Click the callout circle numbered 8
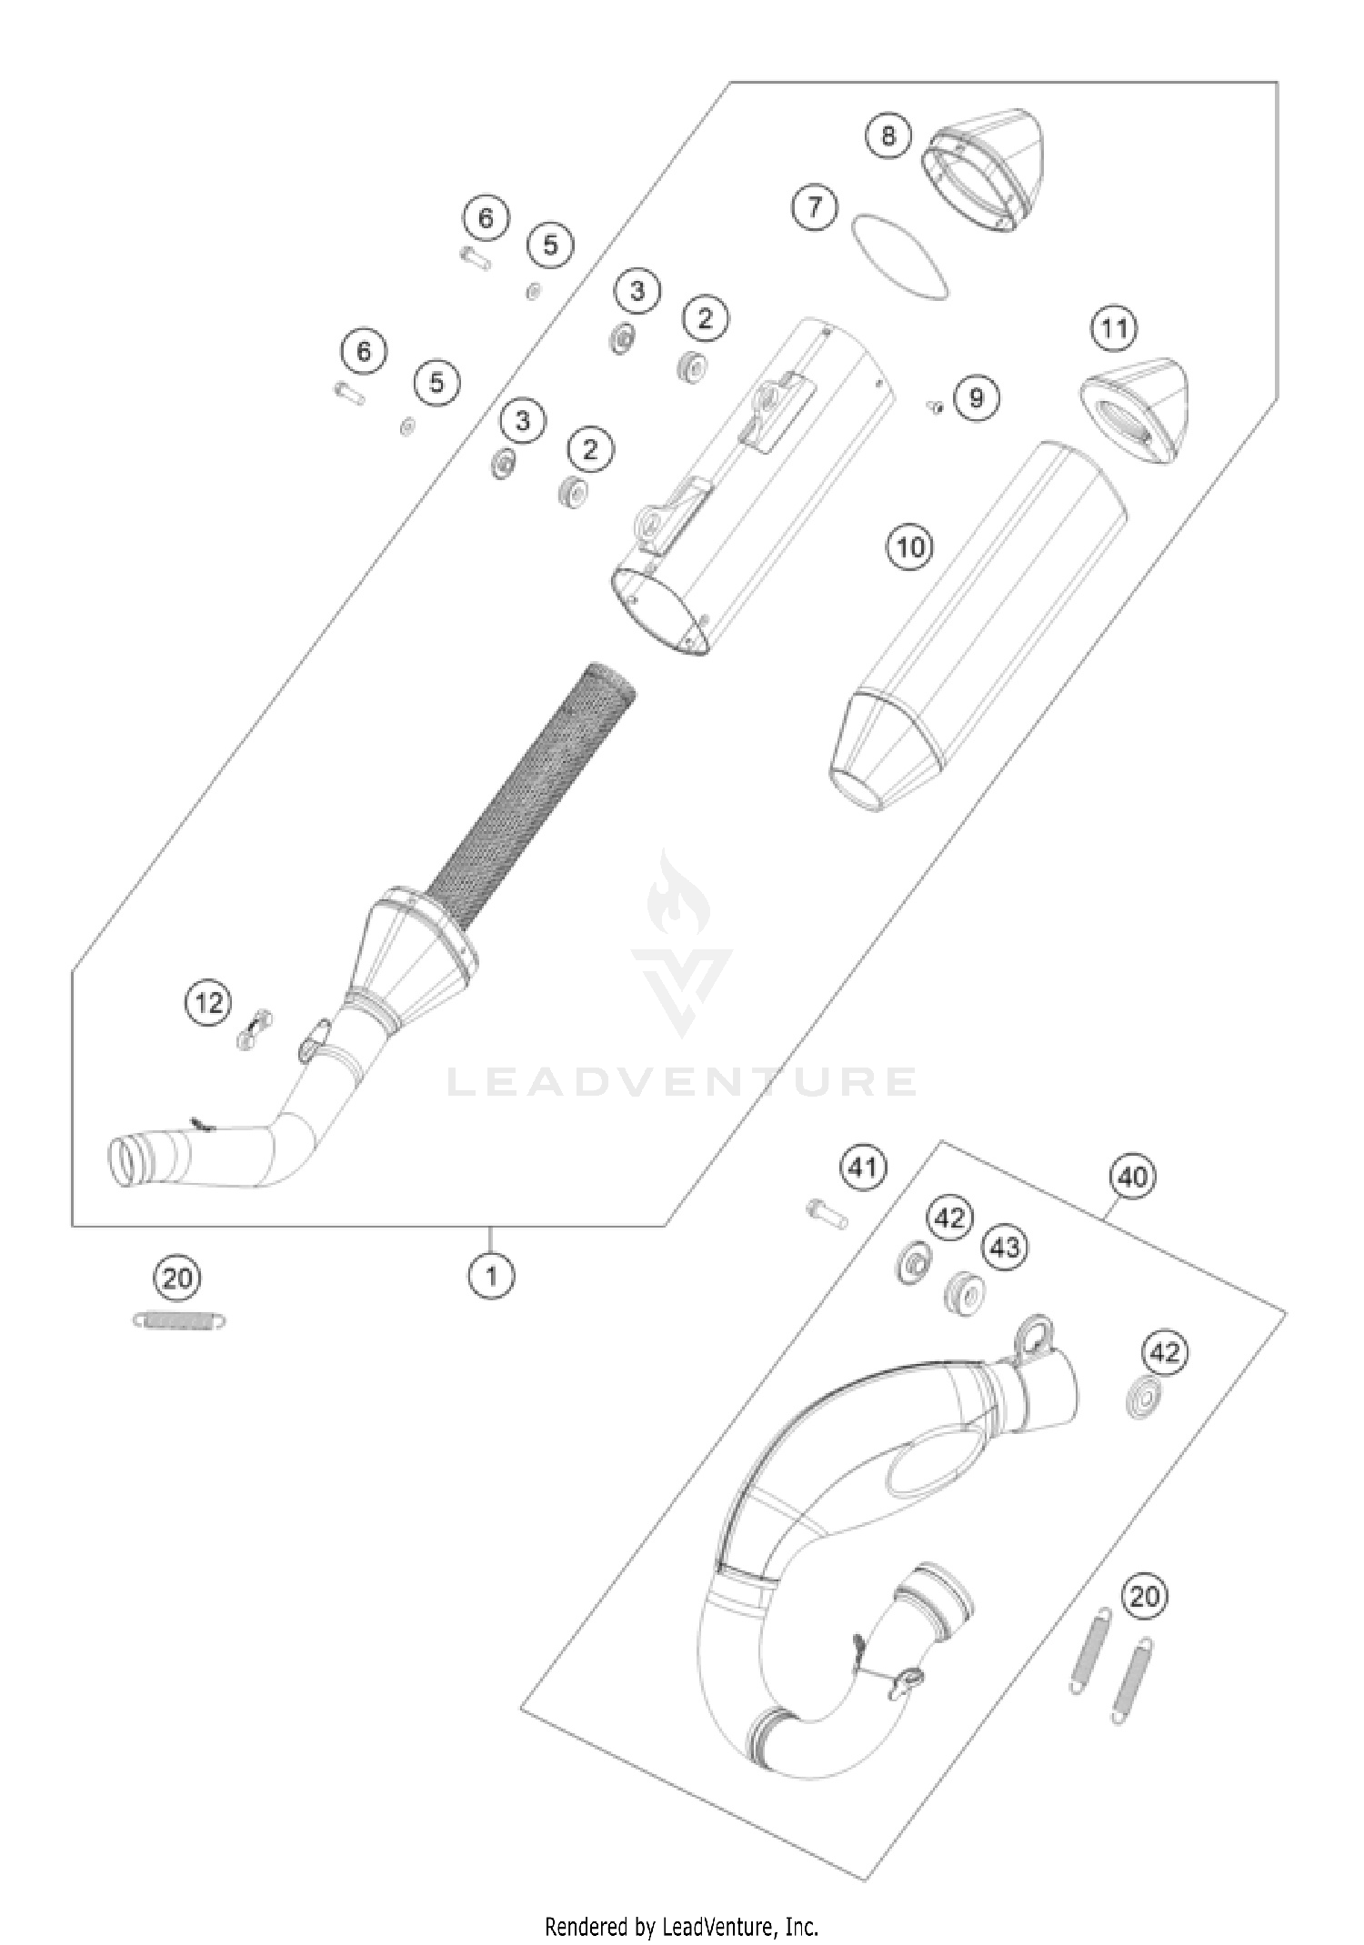coord(888,135)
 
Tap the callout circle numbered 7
coord(814,206)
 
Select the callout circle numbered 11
coord(1114,328)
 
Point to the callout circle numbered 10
coord(909,546)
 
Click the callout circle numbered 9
coord(976,397)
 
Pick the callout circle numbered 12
coord(209,1003)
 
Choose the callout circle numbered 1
coord(491,1276)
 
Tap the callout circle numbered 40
coord(1132,1178)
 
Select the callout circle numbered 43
coord(1005,1247)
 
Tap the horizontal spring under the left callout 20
coord(179,1319)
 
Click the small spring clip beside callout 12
coord(255,1029)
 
